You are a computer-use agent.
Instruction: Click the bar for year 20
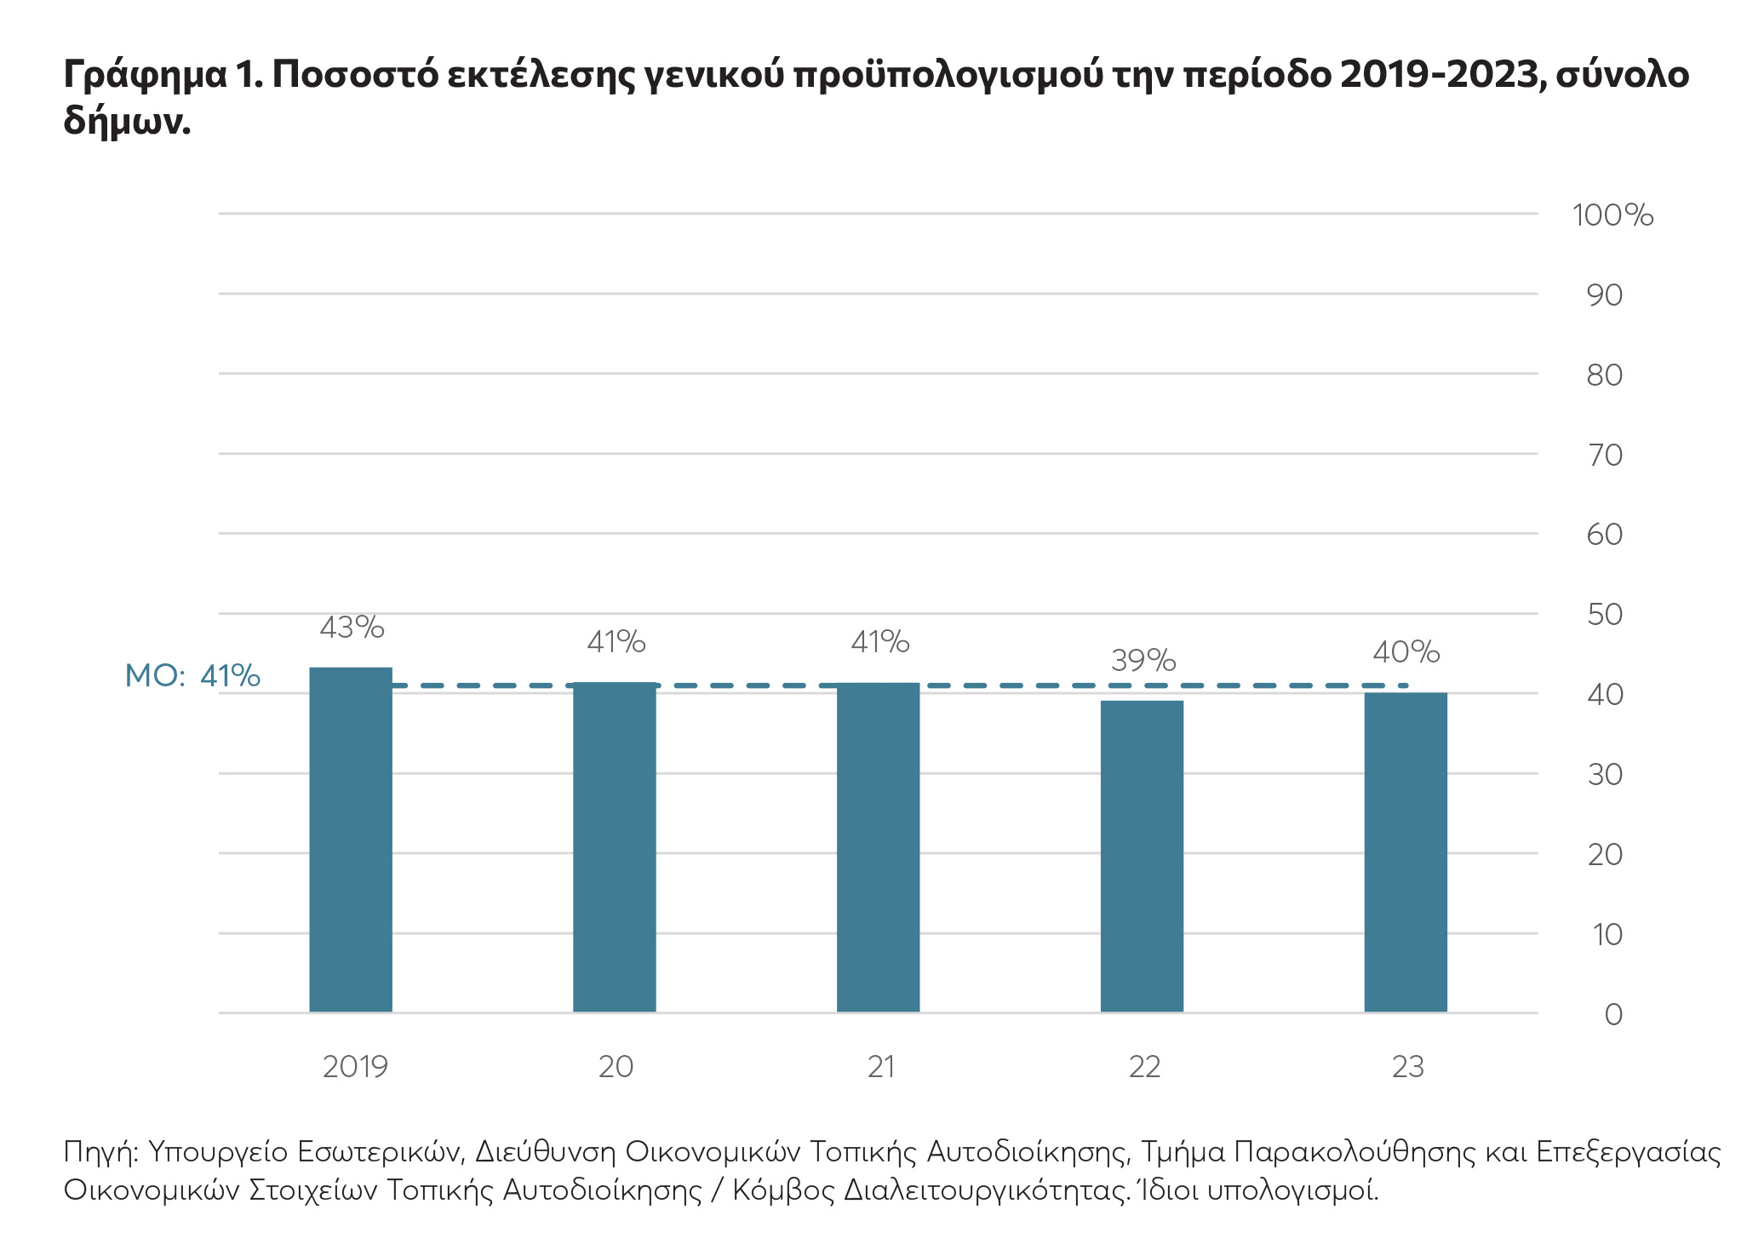[x=614, y=846]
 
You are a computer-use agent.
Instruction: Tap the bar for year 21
[x=878, y=846]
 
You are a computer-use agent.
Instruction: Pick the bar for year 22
[x=1142, y=856]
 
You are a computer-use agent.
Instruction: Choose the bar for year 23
[x=1405, y=851]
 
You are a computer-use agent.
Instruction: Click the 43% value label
[x=352, y=628]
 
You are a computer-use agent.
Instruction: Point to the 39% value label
[x=1143, y=660]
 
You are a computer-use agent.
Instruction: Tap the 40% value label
[x=1406, y=652]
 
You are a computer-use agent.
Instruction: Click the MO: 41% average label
[x=192, y=676]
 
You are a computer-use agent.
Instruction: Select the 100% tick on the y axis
[x=1612, y=215]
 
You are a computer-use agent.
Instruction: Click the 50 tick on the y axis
[x=1605, y=615]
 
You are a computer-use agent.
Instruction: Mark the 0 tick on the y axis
[x=1612, y=1014]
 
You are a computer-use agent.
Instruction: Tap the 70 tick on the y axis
[x=1605, y=455]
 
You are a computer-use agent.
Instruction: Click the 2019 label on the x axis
[x=355, y=1067]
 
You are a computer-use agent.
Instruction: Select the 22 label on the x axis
[x=1143, y=1067]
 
